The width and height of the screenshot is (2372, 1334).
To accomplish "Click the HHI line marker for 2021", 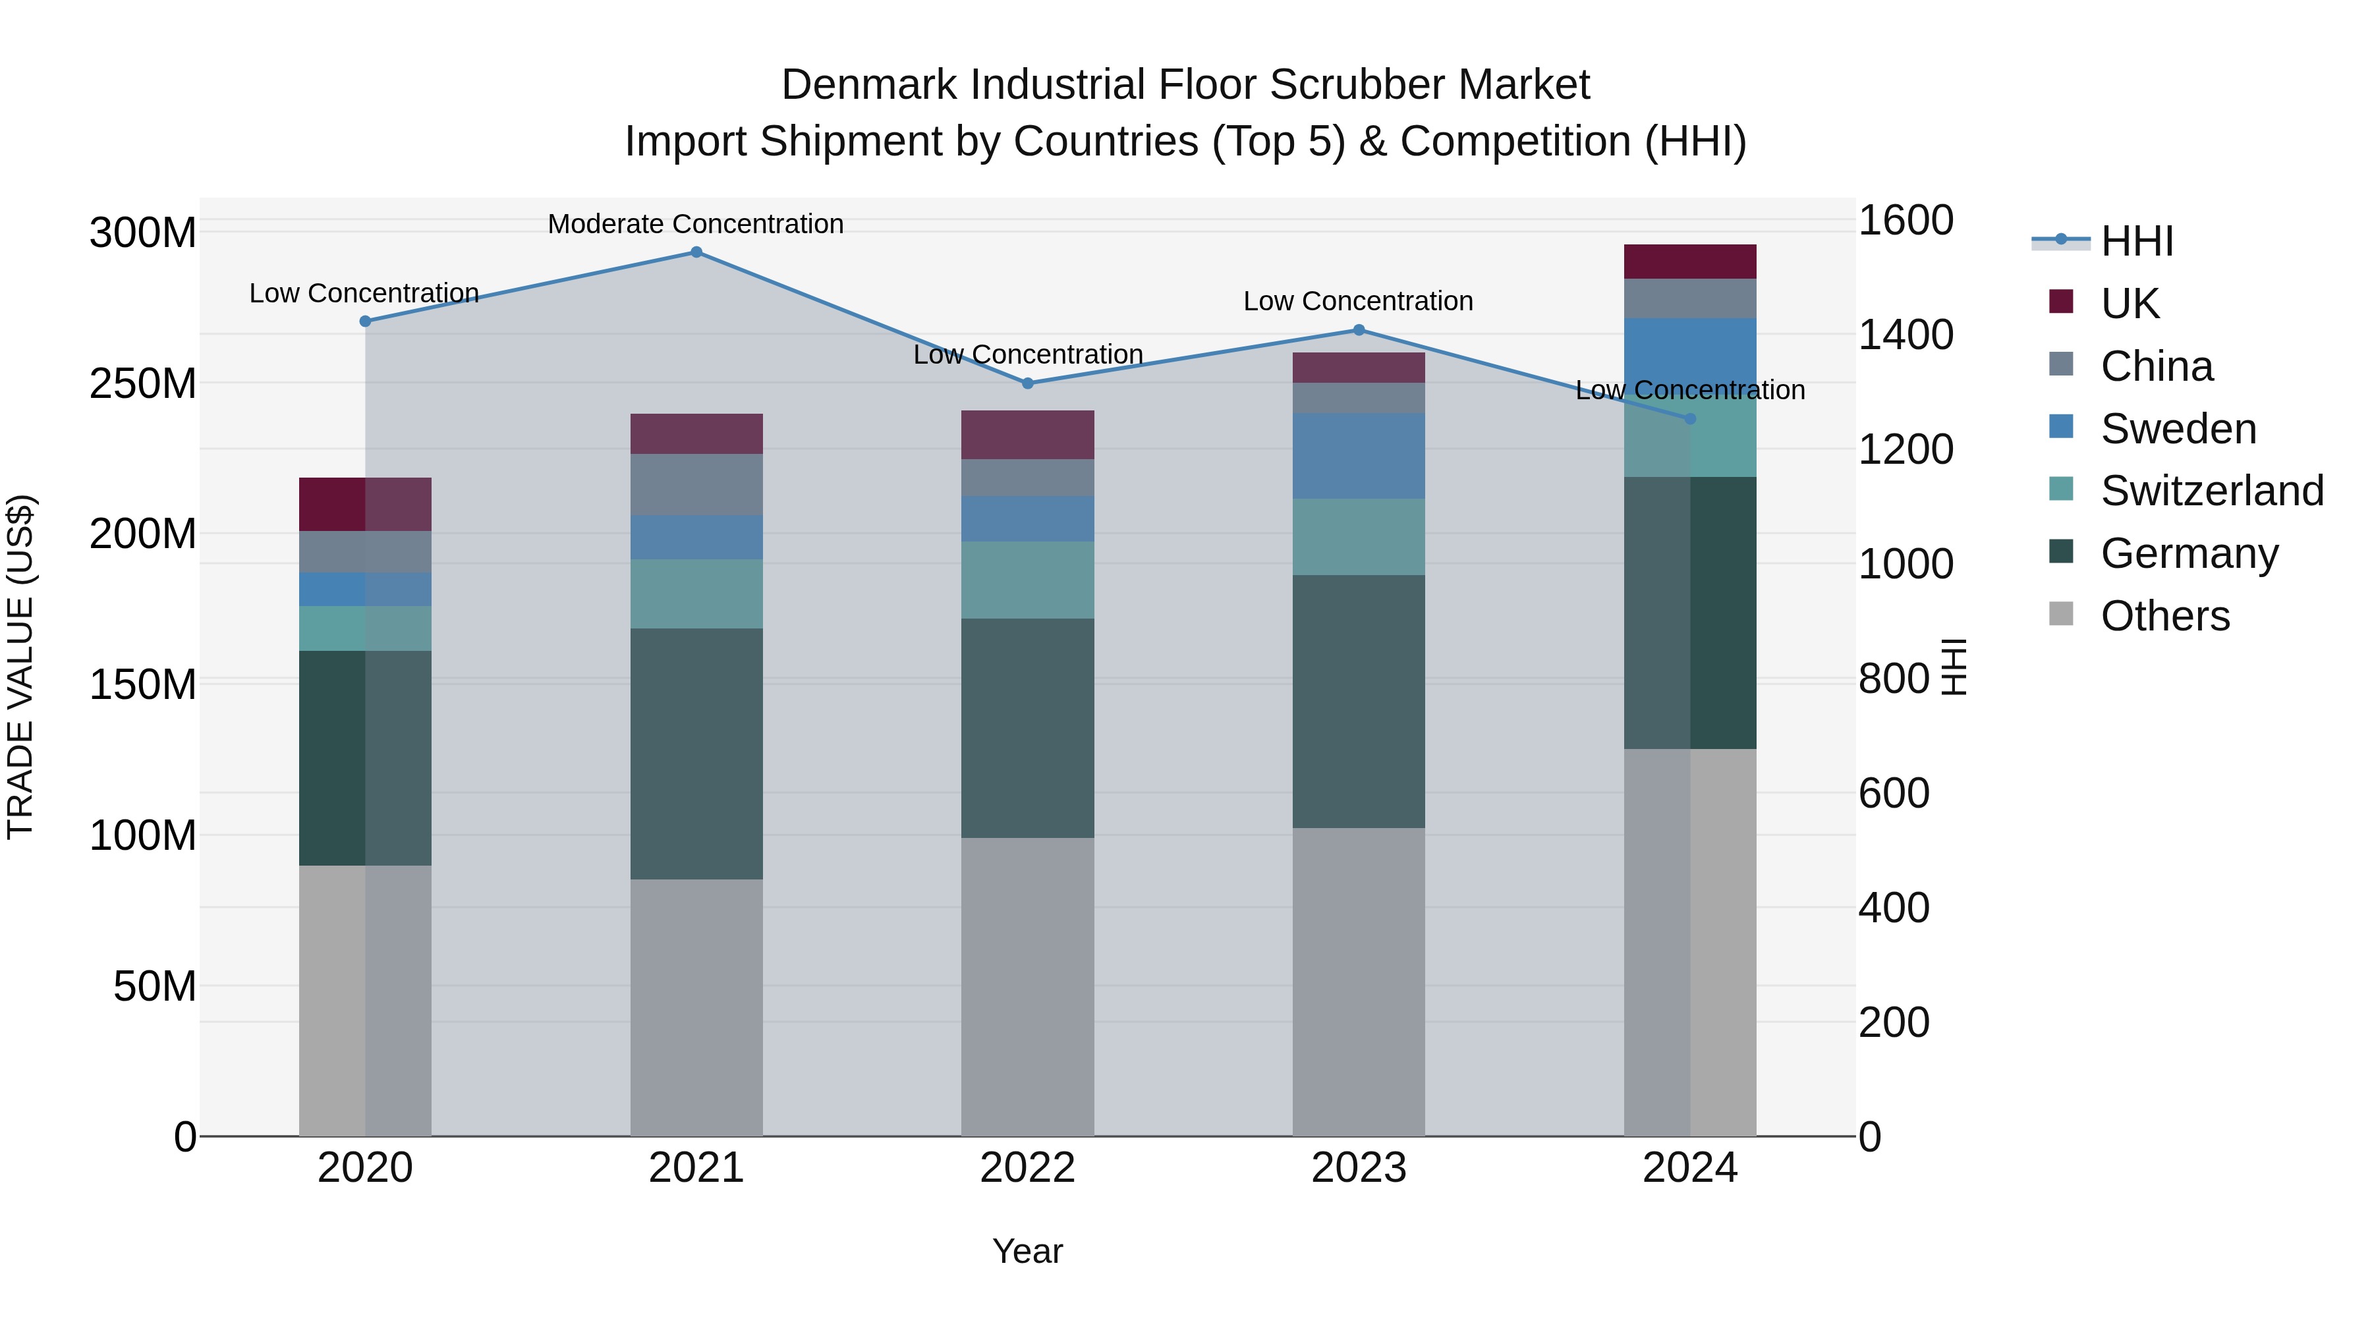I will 696,252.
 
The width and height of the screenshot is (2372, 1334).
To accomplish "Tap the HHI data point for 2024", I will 1689,419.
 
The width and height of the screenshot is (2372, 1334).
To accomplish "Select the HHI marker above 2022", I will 1028,383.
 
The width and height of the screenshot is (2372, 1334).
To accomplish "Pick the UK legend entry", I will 2129,304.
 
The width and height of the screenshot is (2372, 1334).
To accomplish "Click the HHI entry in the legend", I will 2136,241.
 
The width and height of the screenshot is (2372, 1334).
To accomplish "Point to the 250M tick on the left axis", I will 143,383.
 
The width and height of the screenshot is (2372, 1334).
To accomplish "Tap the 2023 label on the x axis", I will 1358,1168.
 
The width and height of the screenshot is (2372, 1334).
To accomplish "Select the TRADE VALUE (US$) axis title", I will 20,667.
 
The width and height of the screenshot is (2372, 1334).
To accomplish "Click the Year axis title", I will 1028,1251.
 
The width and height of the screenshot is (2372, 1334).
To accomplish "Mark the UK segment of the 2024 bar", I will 1689,262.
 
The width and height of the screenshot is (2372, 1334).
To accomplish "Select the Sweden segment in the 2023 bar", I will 1358,456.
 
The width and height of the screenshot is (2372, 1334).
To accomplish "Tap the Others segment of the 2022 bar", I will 1028,986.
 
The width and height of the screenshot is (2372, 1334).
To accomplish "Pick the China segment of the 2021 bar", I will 696,484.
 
